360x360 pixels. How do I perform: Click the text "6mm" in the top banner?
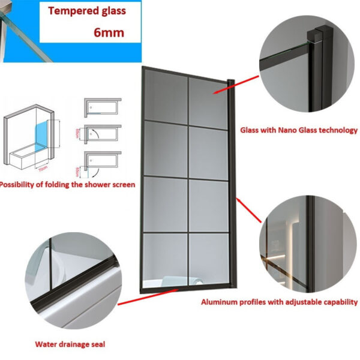click(x=109, y=32)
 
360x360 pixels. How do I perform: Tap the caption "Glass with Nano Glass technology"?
click(x=299, y=130)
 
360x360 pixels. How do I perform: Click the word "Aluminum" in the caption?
click(x=218, y=302)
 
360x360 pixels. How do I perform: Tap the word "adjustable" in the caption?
click(x=310, y=302)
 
